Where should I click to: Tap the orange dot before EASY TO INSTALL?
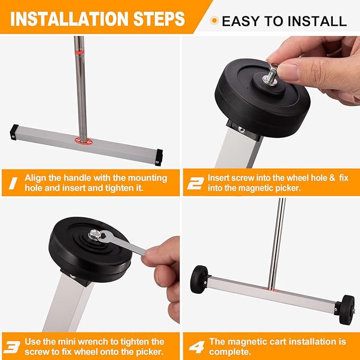(x=214, y=21)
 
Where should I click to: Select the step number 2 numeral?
(x=195, y=183)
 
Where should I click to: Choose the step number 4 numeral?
(x=195, y=347)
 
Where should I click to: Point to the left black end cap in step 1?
(x=13, y=131)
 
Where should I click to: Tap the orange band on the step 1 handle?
(x=79, y=53)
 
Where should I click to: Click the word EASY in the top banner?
(x=240, y=21)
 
